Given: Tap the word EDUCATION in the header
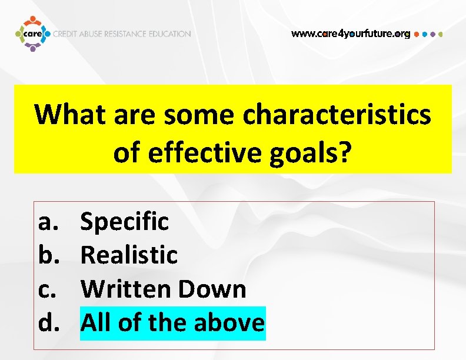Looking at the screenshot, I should pos(168,34).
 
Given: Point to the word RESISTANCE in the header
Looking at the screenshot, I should pos(125,34).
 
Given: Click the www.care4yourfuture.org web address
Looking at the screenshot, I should pos(351,34).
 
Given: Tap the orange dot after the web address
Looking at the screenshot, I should pos(417,34).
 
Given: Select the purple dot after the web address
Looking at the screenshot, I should pos(433,34).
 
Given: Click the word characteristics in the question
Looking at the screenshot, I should pos(337,115).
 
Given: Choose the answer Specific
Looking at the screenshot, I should pos(125,222).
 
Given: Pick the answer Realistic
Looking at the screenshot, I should pos(129,255).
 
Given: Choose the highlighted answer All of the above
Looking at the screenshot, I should pos(172,323).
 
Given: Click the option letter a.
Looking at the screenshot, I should pos(47,222).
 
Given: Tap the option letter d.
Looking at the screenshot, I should pos(47,323).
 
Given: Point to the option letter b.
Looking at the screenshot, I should pos(47,255).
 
